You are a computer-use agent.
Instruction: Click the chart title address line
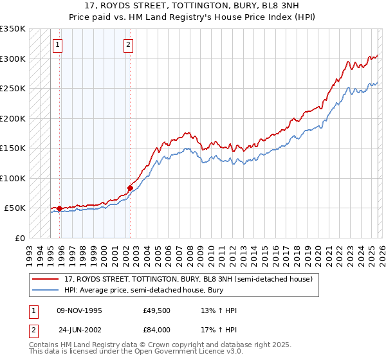(192, 6)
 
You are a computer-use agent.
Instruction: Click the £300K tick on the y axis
(13, 59)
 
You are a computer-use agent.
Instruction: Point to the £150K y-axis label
(13, 148)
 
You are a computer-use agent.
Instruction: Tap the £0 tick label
(21, 238)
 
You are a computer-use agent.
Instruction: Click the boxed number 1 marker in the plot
(59, 45)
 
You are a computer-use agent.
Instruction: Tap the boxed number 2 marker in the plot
(129, 45)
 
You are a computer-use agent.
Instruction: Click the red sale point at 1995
(59, 208)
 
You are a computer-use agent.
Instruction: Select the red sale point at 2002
(130, 188)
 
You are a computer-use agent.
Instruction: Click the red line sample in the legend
(46, 279)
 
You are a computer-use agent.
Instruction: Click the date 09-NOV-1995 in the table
(79, 310)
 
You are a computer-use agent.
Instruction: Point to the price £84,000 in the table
(156, 329)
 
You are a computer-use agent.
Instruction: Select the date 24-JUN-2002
(79, 329)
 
